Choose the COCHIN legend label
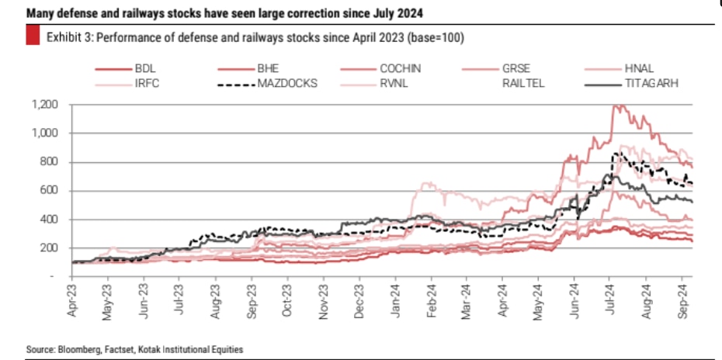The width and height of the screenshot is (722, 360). [x=400, y=69]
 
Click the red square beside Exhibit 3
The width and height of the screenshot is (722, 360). [x=33, y=36]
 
